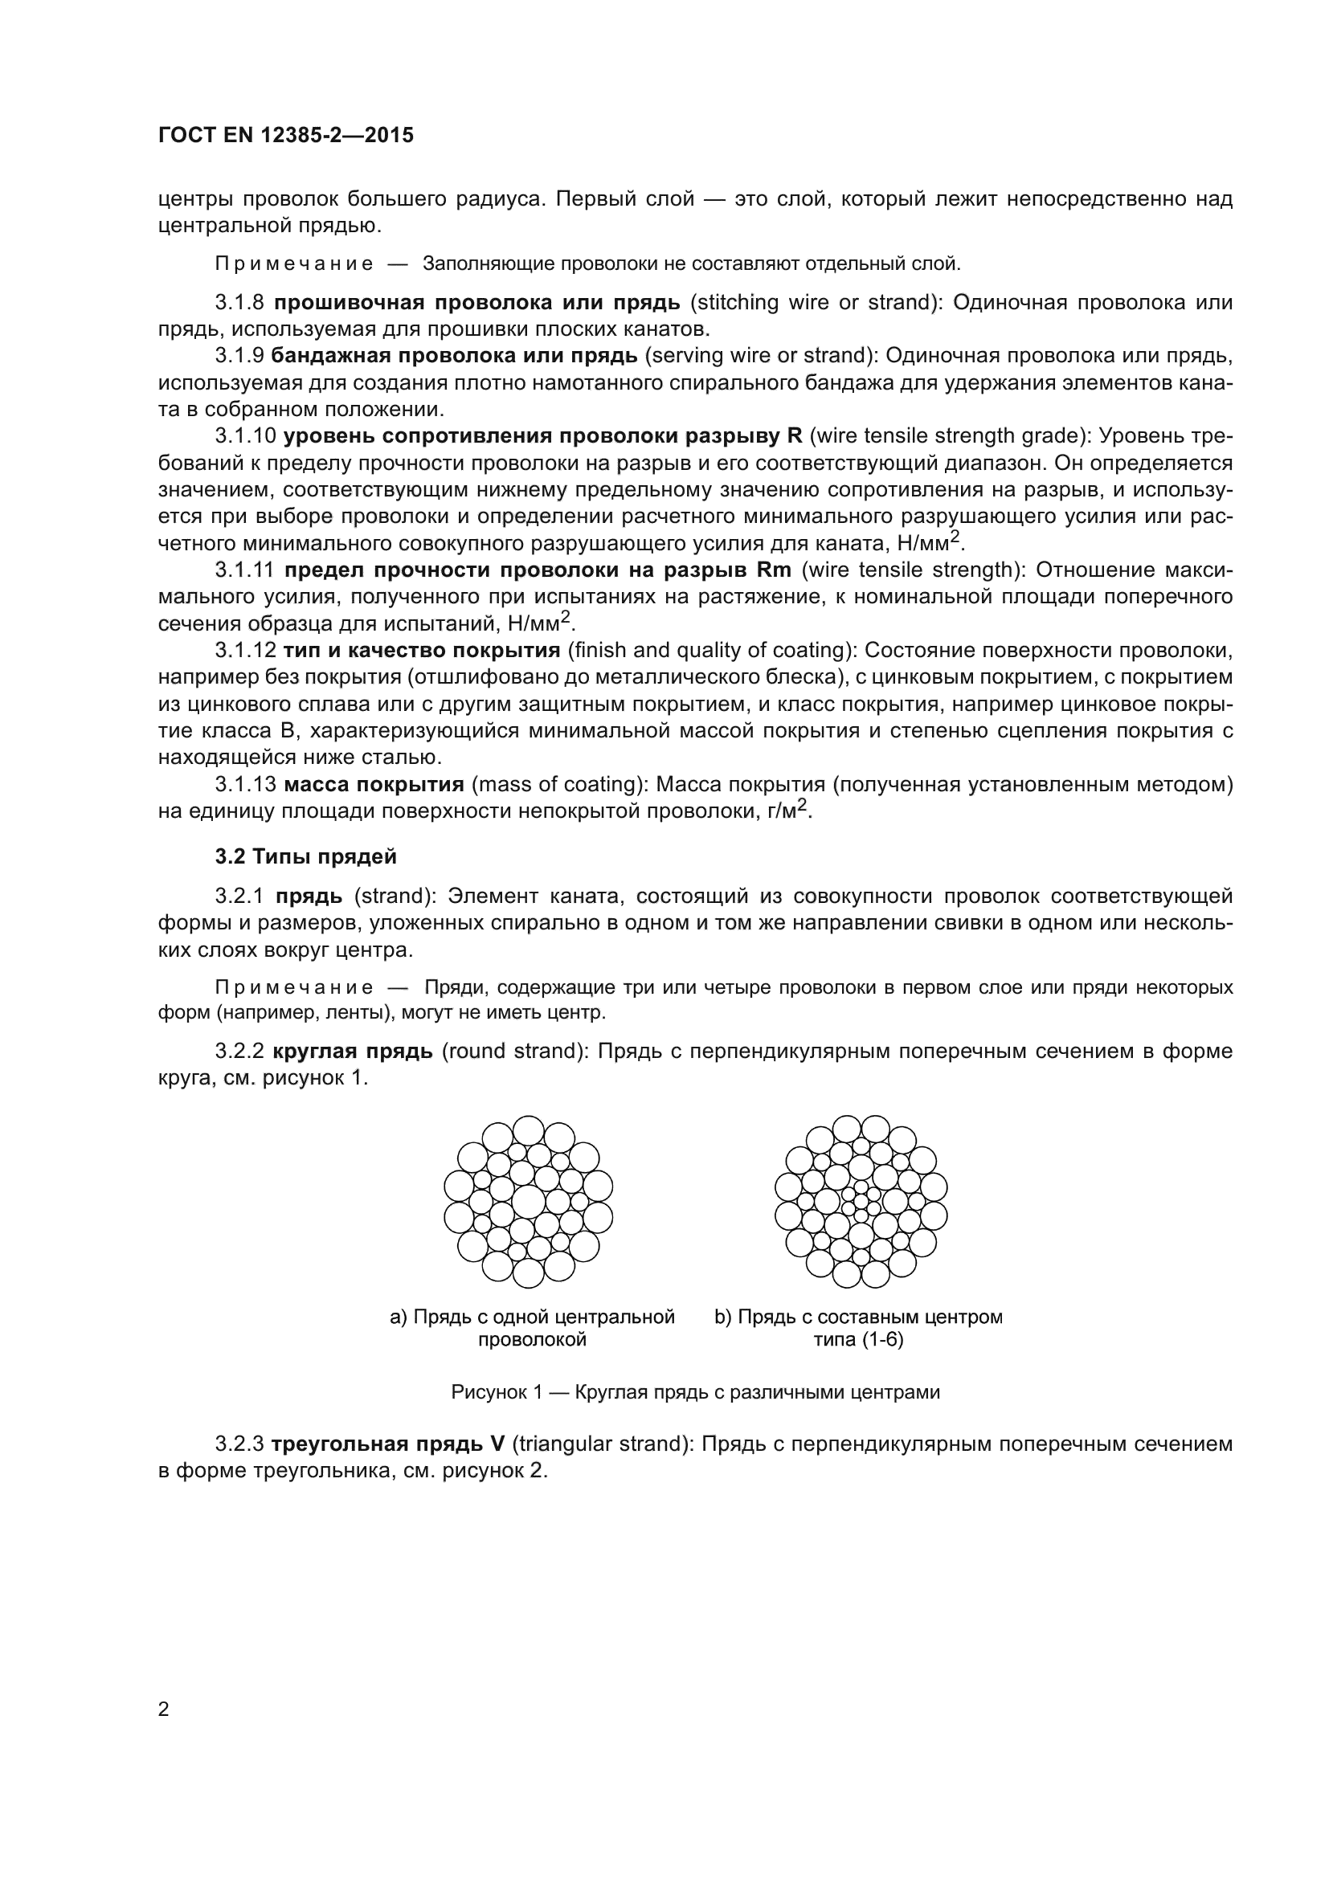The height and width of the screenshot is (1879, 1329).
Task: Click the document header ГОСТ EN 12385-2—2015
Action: [x=285, y=136]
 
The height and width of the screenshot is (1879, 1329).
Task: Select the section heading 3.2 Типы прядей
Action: [x=306, y=857]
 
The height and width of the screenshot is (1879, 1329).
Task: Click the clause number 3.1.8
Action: [x=239, y=303]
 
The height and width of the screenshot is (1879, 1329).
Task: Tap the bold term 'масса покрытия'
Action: [x=374, y=785]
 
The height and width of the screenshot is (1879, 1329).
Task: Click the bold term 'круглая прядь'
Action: [x=353, y=1051]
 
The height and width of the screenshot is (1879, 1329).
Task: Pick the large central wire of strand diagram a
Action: [x=529, y=1201]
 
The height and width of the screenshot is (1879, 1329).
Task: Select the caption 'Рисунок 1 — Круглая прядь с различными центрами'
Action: [x=695, y=1392]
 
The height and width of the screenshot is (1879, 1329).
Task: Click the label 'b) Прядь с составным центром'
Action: [x=858, y=1317]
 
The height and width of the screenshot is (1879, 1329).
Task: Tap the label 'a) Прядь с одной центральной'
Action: [x=532, y=1317]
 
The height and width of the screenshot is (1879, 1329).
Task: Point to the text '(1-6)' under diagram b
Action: [x=882, y=1340]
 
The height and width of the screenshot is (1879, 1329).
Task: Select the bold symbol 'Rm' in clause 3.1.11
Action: [x=774, y=570]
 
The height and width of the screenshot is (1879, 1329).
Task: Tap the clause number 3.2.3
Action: [x=239, y=1444]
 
